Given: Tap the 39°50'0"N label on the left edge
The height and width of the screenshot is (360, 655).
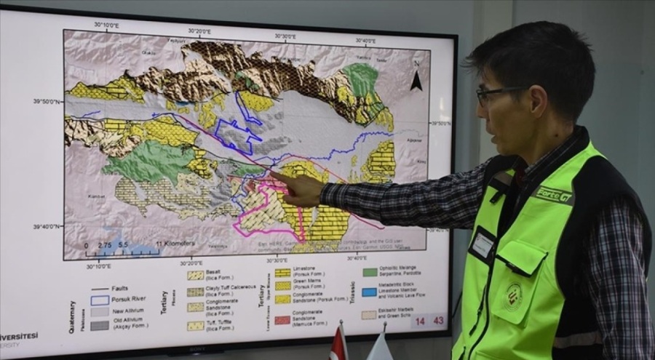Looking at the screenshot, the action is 47,102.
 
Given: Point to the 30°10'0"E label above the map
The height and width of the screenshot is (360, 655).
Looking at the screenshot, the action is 107,25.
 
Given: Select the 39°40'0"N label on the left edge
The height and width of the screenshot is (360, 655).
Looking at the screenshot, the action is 47,227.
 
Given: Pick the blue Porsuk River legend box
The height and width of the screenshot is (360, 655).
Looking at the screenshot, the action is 100,299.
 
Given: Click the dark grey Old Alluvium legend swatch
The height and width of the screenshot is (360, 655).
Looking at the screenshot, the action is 100,325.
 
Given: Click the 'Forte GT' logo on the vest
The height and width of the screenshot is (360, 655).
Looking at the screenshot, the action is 555,194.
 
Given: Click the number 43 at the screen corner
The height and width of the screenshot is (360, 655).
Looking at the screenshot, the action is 438,320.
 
